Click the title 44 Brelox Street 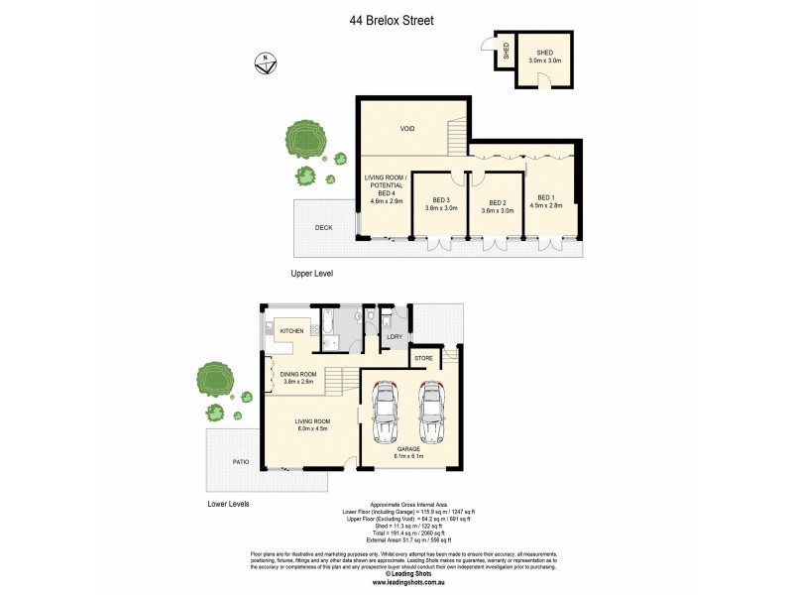pos(392,19)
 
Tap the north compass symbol pos(264,62)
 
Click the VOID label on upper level pos(406,129)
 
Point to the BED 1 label pos(549,200)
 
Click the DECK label pos(323,227)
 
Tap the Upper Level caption pos(311,273)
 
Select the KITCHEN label pos(290,330)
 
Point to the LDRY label pos(394,337)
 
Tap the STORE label pos(423,357)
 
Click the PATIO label pos(240,460)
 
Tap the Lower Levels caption pos(228,504)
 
